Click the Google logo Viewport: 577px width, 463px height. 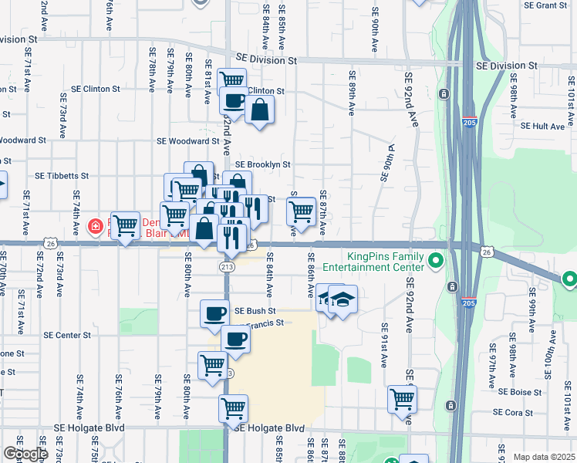(25, 454)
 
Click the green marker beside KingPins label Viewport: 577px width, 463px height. (435, 262)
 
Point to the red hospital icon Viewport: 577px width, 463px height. (95, 227)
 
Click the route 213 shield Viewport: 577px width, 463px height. (226, 266)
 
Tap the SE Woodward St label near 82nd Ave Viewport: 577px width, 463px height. (188, 141)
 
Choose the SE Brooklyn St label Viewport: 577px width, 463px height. (262, 164)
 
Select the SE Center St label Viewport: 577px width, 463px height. (67, 336)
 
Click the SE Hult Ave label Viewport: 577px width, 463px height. (544, 126)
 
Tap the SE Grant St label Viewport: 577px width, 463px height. (545, 5)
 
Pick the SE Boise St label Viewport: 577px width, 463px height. (531, 392)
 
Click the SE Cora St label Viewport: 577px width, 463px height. (531, 413)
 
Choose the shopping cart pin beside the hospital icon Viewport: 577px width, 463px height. (125, 225)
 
